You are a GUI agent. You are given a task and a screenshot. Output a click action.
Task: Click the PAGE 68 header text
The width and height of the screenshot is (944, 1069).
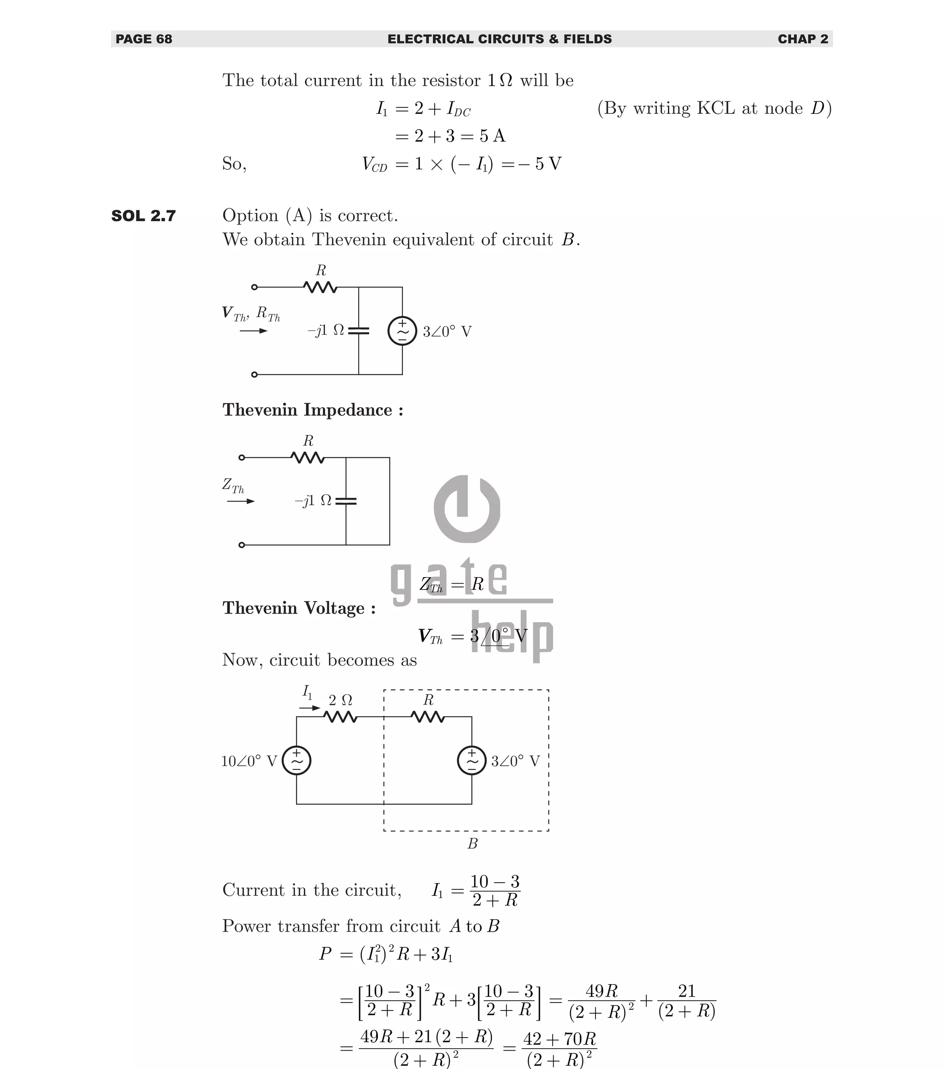click(144, 39)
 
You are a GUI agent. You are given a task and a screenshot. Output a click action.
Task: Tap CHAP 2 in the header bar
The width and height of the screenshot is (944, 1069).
click(803, 39)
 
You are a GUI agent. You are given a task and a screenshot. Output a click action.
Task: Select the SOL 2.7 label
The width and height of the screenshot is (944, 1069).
click(144, 216)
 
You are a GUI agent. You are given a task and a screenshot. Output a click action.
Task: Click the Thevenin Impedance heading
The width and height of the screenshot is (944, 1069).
click(313, 410)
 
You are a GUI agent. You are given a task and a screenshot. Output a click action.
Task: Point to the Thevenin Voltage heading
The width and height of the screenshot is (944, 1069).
click(299, 608)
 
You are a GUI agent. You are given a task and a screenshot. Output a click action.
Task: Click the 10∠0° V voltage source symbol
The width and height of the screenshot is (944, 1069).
click(296, 761)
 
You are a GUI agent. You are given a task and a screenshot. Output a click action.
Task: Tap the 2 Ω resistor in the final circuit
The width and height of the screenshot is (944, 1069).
click(341, 717)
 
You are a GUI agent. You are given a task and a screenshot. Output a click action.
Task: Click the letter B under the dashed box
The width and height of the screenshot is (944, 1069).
click(472, 844)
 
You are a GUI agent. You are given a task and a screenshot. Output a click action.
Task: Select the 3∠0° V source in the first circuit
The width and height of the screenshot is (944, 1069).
click(402, 331)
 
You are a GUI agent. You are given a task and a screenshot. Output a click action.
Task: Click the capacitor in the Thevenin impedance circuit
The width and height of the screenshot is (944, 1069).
click(346, 501)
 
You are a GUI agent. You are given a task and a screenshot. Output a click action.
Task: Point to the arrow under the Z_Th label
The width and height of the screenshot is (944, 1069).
click(241, 501)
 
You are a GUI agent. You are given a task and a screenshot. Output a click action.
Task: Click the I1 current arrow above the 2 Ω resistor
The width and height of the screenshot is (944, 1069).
click(310, 708)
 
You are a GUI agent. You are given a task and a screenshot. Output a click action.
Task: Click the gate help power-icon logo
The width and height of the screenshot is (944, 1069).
click(466, 509)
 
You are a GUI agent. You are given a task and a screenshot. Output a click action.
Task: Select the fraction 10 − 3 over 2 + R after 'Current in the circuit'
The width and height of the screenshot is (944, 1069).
click(495, 891)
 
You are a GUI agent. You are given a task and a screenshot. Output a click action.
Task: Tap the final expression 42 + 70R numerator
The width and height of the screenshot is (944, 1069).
click(560, 1039)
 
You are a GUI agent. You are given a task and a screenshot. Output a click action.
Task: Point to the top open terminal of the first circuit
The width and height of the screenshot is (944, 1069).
click(255, 287)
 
